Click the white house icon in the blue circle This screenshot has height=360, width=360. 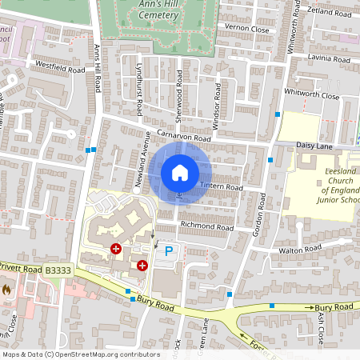[180, 172]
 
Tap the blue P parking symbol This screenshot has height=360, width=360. [168, 251]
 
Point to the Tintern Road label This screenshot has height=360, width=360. [220, 186]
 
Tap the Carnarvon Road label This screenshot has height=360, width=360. [183, 138]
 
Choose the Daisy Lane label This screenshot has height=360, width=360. [314, 145]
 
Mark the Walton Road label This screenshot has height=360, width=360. [300, 250]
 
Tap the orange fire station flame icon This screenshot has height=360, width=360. [8, 288]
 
